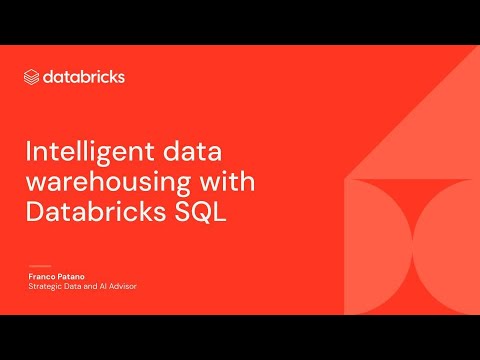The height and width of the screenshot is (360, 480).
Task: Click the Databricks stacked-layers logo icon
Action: (31, 76)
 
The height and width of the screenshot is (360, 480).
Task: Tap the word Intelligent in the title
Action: (80, 154)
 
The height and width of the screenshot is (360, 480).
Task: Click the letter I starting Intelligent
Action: (27, 154)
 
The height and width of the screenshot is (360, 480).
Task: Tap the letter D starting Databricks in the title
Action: (33, 212)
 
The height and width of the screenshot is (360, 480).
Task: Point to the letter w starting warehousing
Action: (33, 184)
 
